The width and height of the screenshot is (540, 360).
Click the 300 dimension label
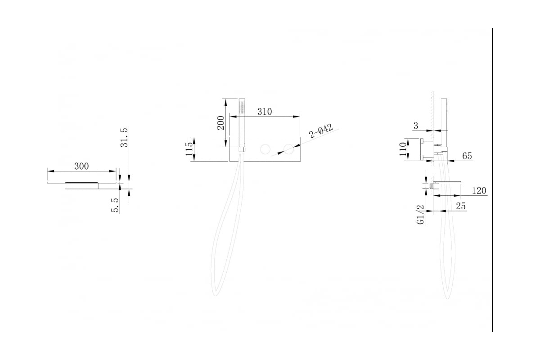click(81, 166)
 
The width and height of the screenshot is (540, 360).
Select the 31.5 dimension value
click(124, 137)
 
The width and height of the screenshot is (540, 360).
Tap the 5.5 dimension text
click(115, 205)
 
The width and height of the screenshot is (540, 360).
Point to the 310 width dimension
click(265, 112)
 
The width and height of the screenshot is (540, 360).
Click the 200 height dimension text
click(221, 123)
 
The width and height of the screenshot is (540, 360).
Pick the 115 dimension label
click(189, 149)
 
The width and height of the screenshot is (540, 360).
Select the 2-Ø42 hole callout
click(321, 131)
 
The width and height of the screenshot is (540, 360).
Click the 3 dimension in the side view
click(416, 126)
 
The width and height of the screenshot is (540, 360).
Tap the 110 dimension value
click(403, 149)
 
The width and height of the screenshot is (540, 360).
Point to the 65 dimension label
click(467, 156)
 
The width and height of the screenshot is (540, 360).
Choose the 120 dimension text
click(479, 191)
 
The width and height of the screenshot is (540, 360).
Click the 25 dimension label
click(461, 206)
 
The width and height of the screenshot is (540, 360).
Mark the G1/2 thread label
click(420, 215)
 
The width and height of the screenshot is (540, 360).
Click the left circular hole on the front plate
click(265, 149)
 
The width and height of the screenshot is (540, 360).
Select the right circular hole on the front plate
click(289, 149)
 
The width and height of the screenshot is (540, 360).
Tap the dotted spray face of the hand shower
click(242, 107)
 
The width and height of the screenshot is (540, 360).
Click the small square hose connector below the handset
click(242, 149)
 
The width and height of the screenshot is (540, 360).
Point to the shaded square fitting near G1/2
click(432, 186)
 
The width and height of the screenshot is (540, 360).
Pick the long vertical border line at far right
click(492, 180)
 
